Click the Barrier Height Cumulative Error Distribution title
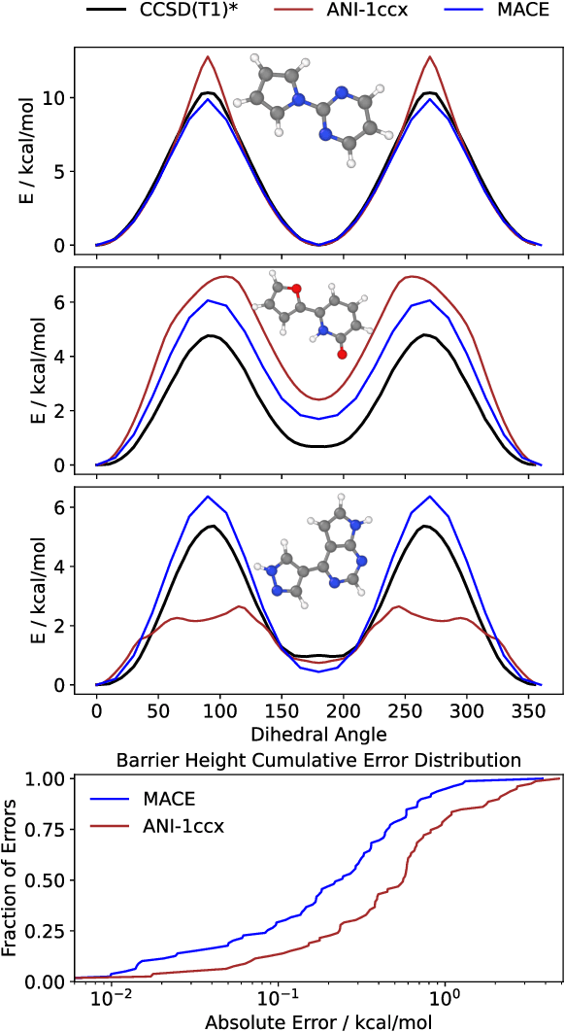click(x=318, y=759)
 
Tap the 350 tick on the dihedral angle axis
click(x=529, y=713)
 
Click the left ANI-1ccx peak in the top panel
click(x=207, y=56)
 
